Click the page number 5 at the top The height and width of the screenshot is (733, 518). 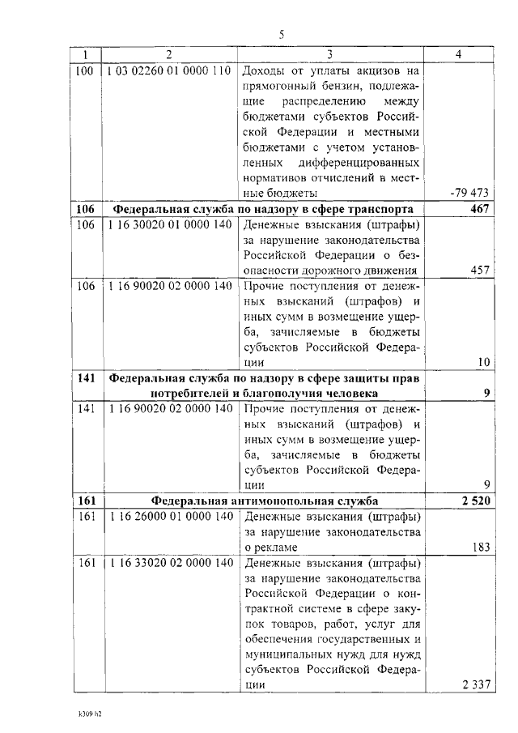(x=282, y=35)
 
